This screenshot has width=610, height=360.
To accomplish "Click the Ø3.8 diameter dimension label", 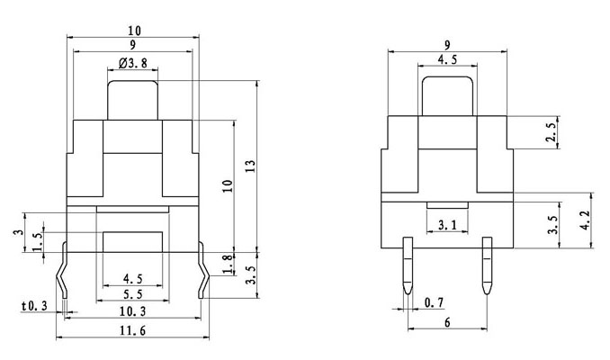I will click(134, 64).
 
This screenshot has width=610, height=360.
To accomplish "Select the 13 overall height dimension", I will click(250, 166).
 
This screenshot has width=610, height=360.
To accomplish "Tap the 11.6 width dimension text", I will click(133, 331).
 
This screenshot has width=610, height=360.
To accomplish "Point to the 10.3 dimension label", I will click(133, 310).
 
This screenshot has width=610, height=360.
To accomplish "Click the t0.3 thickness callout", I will click(36, 307).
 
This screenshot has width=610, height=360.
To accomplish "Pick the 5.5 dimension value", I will click(133, 294).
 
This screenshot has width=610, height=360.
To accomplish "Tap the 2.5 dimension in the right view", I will click(552, 133).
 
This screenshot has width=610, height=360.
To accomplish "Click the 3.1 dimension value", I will click(447, 224).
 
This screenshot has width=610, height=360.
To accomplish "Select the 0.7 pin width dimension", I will click(434, 300).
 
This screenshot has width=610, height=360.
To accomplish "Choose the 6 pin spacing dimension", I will click(447, 321).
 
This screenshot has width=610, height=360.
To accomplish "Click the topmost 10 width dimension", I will click(134, 31).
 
